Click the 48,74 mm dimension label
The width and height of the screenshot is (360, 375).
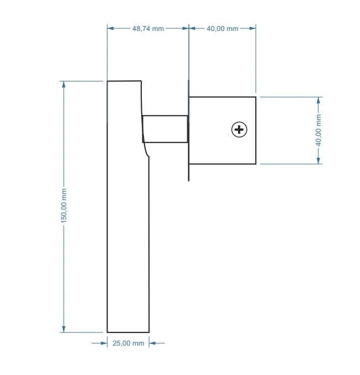point(148,29)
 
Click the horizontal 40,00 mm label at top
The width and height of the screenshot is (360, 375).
point(223,29)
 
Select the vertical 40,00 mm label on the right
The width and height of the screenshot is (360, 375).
point(318,130)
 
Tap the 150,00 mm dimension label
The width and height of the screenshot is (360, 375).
point(64,206)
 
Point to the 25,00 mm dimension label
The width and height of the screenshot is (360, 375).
point(128,343)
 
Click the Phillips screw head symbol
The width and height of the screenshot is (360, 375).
point(239,130)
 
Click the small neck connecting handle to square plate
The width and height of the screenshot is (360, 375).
point(165,129)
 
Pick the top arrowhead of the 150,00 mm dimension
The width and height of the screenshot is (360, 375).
point(64,84)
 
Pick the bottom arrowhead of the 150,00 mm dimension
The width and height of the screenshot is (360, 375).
point(64,329)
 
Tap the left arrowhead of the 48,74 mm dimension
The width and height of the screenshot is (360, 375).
point(111,28)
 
